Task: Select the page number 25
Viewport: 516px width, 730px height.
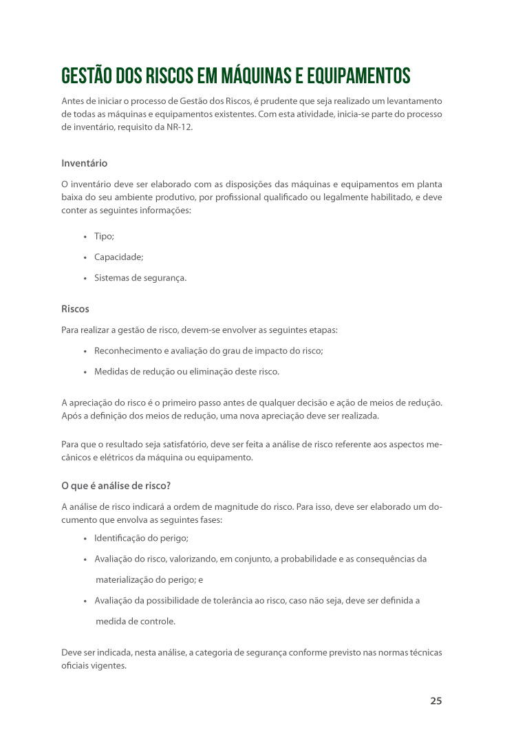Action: (x=436, y=701)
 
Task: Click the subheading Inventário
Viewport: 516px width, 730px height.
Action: (x=84, y=164)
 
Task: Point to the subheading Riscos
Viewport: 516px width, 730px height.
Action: (x=75, y=309)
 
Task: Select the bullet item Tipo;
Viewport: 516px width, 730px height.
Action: (x=104, y=236)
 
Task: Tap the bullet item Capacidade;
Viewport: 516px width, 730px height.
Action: (x=118, y=257)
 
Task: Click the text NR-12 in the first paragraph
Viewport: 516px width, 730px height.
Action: (x=178, y=127)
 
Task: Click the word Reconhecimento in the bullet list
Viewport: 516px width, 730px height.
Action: (x=126, y=350)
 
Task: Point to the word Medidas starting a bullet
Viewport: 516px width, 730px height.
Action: (x=111, y=372)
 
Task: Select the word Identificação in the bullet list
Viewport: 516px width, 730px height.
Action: (x=121, y=538)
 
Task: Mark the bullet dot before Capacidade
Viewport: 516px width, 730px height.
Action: (x=85, y=257)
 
